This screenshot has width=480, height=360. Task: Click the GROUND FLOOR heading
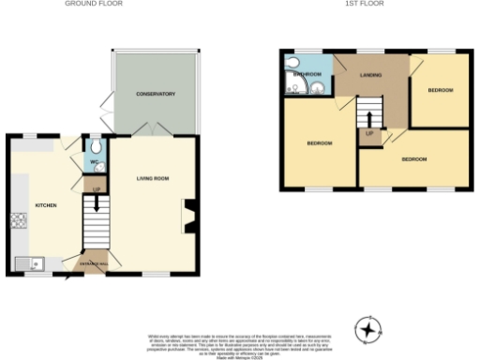tap(94, 4)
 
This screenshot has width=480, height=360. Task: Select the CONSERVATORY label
tap(156, 93)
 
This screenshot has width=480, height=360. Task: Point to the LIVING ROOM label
tap(153, 177)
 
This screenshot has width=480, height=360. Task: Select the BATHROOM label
tap(307, 73)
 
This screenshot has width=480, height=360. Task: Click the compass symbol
tap(369, 330)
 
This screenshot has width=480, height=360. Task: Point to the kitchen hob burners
tap(19, 221)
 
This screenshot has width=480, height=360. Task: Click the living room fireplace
tap(188, 215)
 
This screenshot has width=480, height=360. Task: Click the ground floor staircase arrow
tap(96, 203)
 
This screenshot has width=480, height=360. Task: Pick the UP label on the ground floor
tap(96, 190)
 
